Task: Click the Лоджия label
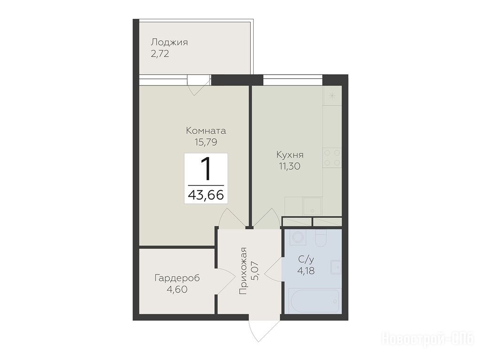[x=169, y=43]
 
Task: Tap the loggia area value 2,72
[x=160, y=54]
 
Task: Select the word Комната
[x=206, y=131]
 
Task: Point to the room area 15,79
[x=206, y=142]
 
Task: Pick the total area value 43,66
[x=206, y=195]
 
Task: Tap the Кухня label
[x=290, y=154]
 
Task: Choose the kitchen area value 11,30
[x=289, y=166]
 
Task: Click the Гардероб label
[x=177, y=278]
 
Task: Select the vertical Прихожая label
[x=243, y=271]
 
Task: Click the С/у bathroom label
[x=306, y=260]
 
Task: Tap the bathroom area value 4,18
[x=306, y=271]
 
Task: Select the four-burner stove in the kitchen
[x=332, y=158]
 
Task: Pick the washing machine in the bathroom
[x=297, y=237]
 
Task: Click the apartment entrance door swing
[x=260, y=331]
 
